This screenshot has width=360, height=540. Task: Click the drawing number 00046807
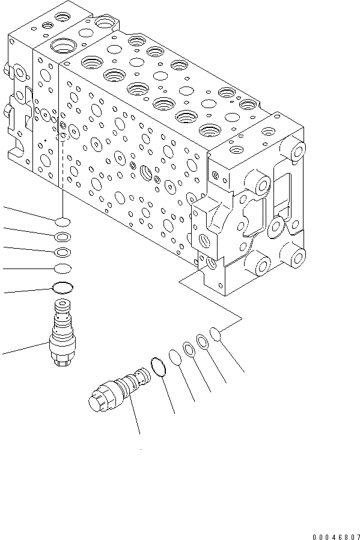[336, 536]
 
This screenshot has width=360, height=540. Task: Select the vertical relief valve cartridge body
[63, 332]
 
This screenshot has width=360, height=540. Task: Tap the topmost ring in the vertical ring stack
[63, 222]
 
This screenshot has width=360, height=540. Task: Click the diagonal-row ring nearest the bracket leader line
[215, 335]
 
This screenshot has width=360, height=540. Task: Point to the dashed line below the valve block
[63, 164]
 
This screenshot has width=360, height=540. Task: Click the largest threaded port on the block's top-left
[63, 45]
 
